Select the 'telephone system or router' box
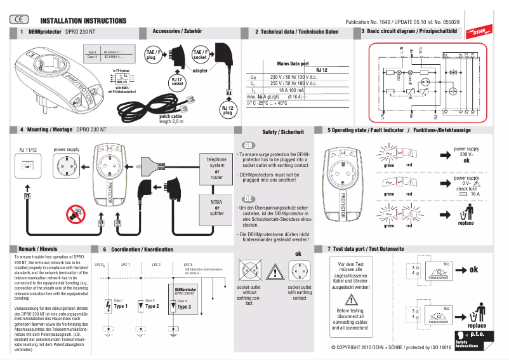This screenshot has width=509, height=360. point(217,165)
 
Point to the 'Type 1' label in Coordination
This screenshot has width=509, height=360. point(121,306)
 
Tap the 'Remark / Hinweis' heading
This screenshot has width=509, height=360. point(39,248)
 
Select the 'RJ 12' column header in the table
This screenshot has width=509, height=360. point(321,70)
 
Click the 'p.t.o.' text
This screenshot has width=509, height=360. point(477,334)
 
